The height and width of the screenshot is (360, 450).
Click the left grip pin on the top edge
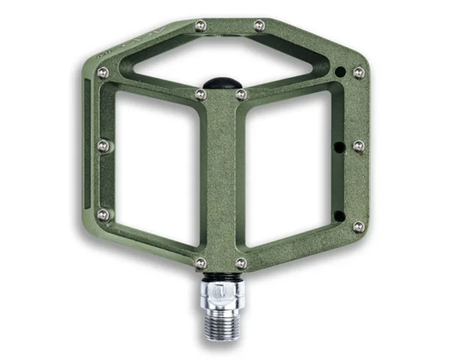201,25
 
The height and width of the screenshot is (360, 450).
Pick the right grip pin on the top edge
258,25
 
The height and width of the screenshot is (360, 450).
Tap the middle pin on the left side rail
103,146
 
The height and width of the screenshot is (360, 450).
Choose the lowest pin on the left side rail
102,215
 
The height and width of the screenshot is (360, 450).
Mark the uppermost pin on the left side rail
102,73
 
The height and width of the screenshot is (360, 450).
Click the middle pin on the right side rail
359,146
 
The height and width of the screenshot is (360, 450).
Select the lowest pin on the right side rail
358,227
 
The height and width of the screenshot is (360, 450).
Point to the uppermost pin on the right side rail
358,73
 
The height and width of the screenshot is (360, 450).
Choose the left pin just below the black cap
201,94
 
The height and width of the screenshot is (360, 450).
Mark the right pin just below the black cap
240,94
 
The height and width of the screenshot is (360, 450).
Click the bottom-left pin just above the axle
201,263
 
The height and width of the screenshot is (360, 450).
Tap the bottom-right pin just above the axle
240,263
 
